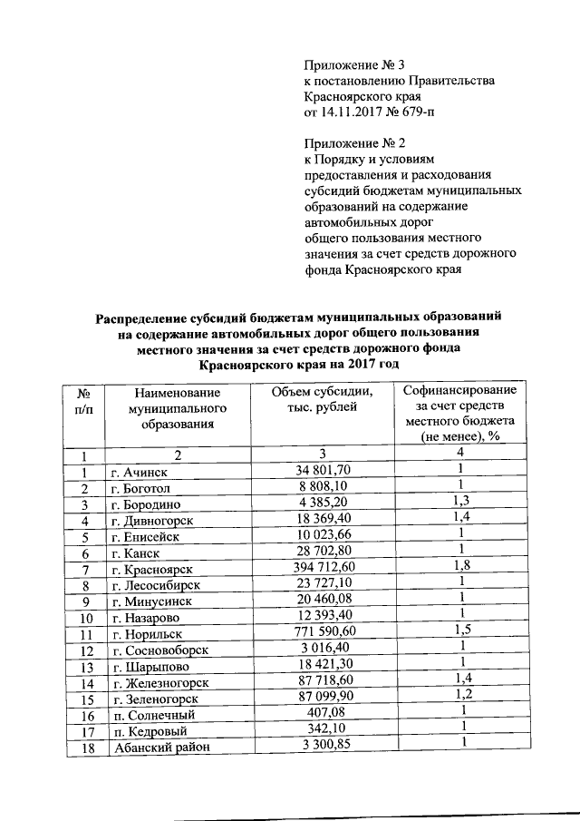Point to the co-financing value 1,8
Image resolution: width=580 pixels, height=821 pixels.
pos(460,568)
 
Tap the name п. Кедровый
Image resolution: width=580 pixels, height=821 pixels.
pos(146,729)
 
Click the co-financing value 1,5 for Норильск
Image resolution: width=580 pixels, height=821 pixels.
pos(460,631)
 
